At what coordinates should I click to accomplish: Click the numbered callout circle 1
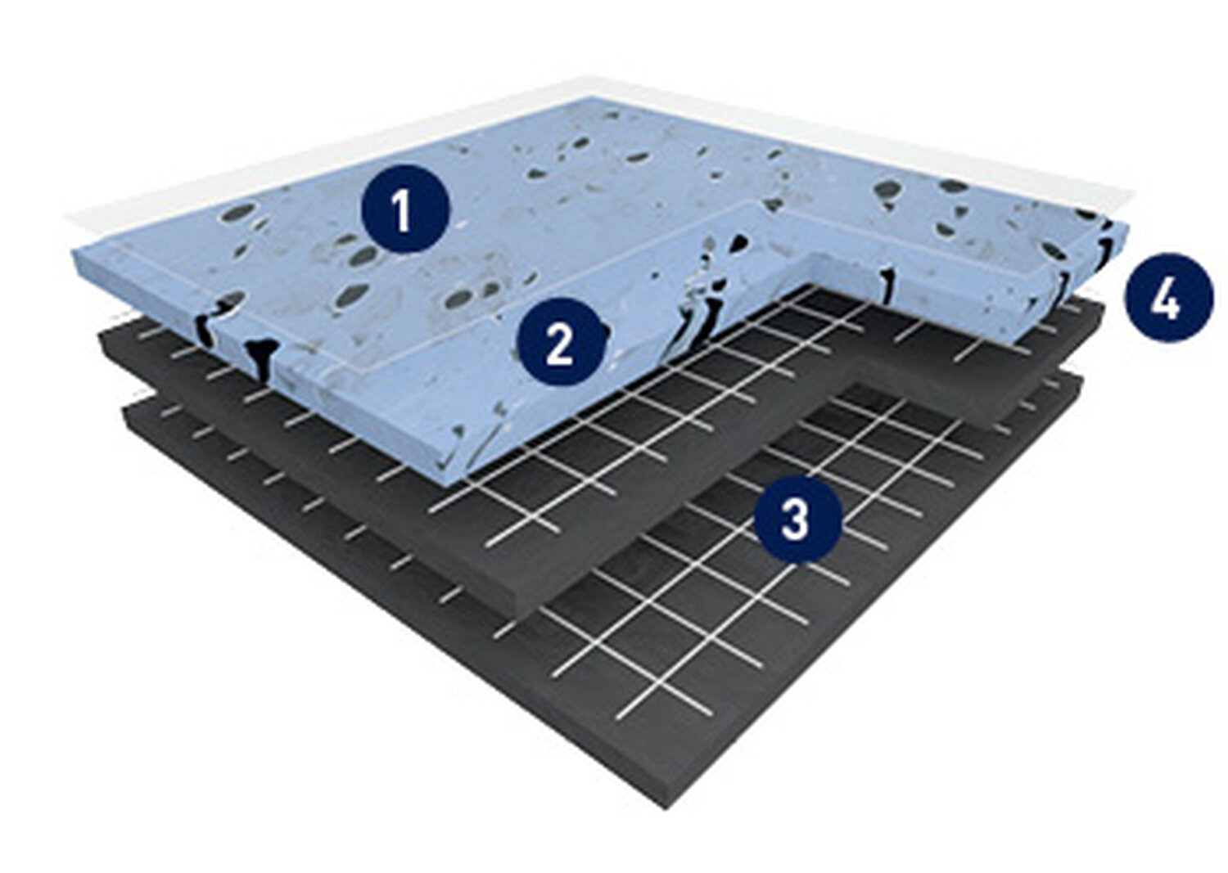pos(405,209)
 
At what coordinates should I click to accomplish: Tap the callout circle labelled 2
pos(562,342)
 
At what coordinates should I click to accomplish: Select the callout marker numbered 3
pos(797,519)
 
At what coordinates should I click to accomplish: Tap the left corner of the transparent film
pos(65,219)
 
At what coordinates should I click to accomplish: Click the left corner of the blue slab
pos(73,252)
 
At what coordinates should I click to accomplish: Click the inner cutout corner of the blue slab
pos(811,254)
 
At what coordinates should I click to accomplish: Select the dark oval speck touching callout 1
pos(366,254)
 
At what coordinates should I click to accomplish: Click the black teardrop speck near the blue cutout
pos(739,241)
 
